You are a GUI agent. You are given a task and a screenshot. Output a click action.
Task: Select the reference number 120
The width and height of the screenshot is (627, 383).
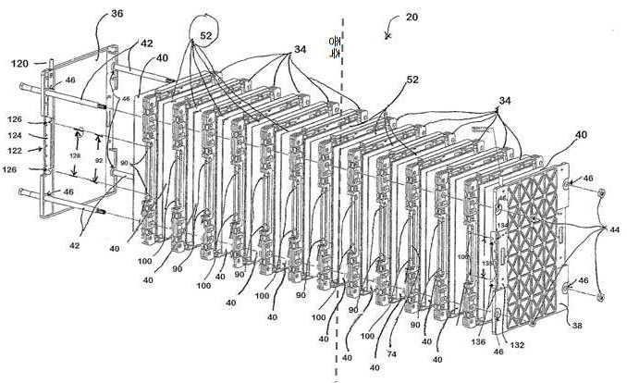(x=19, y=64)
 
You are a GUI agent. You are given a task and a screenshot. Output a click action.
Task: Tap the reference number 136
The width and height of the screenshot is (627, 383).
(x=479, y=341)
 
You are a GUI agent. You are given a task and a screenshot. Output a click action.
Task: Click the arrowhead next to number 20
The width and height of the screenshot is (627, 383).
(x=387, y=35)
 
